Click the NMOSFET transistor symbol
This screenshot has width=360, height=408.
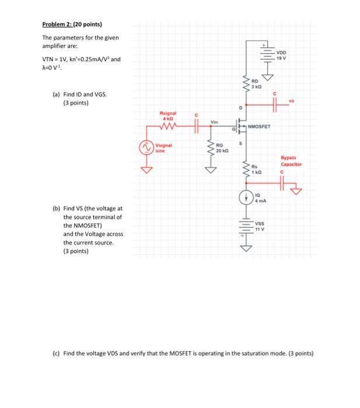coord(241,126)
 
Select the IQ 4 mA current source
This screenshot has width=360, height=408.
coord(246,199)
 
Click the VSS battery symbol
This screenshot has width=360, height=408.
coord(246,224)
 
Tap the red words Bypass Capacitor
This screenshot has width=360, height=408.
coord(291,161)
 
